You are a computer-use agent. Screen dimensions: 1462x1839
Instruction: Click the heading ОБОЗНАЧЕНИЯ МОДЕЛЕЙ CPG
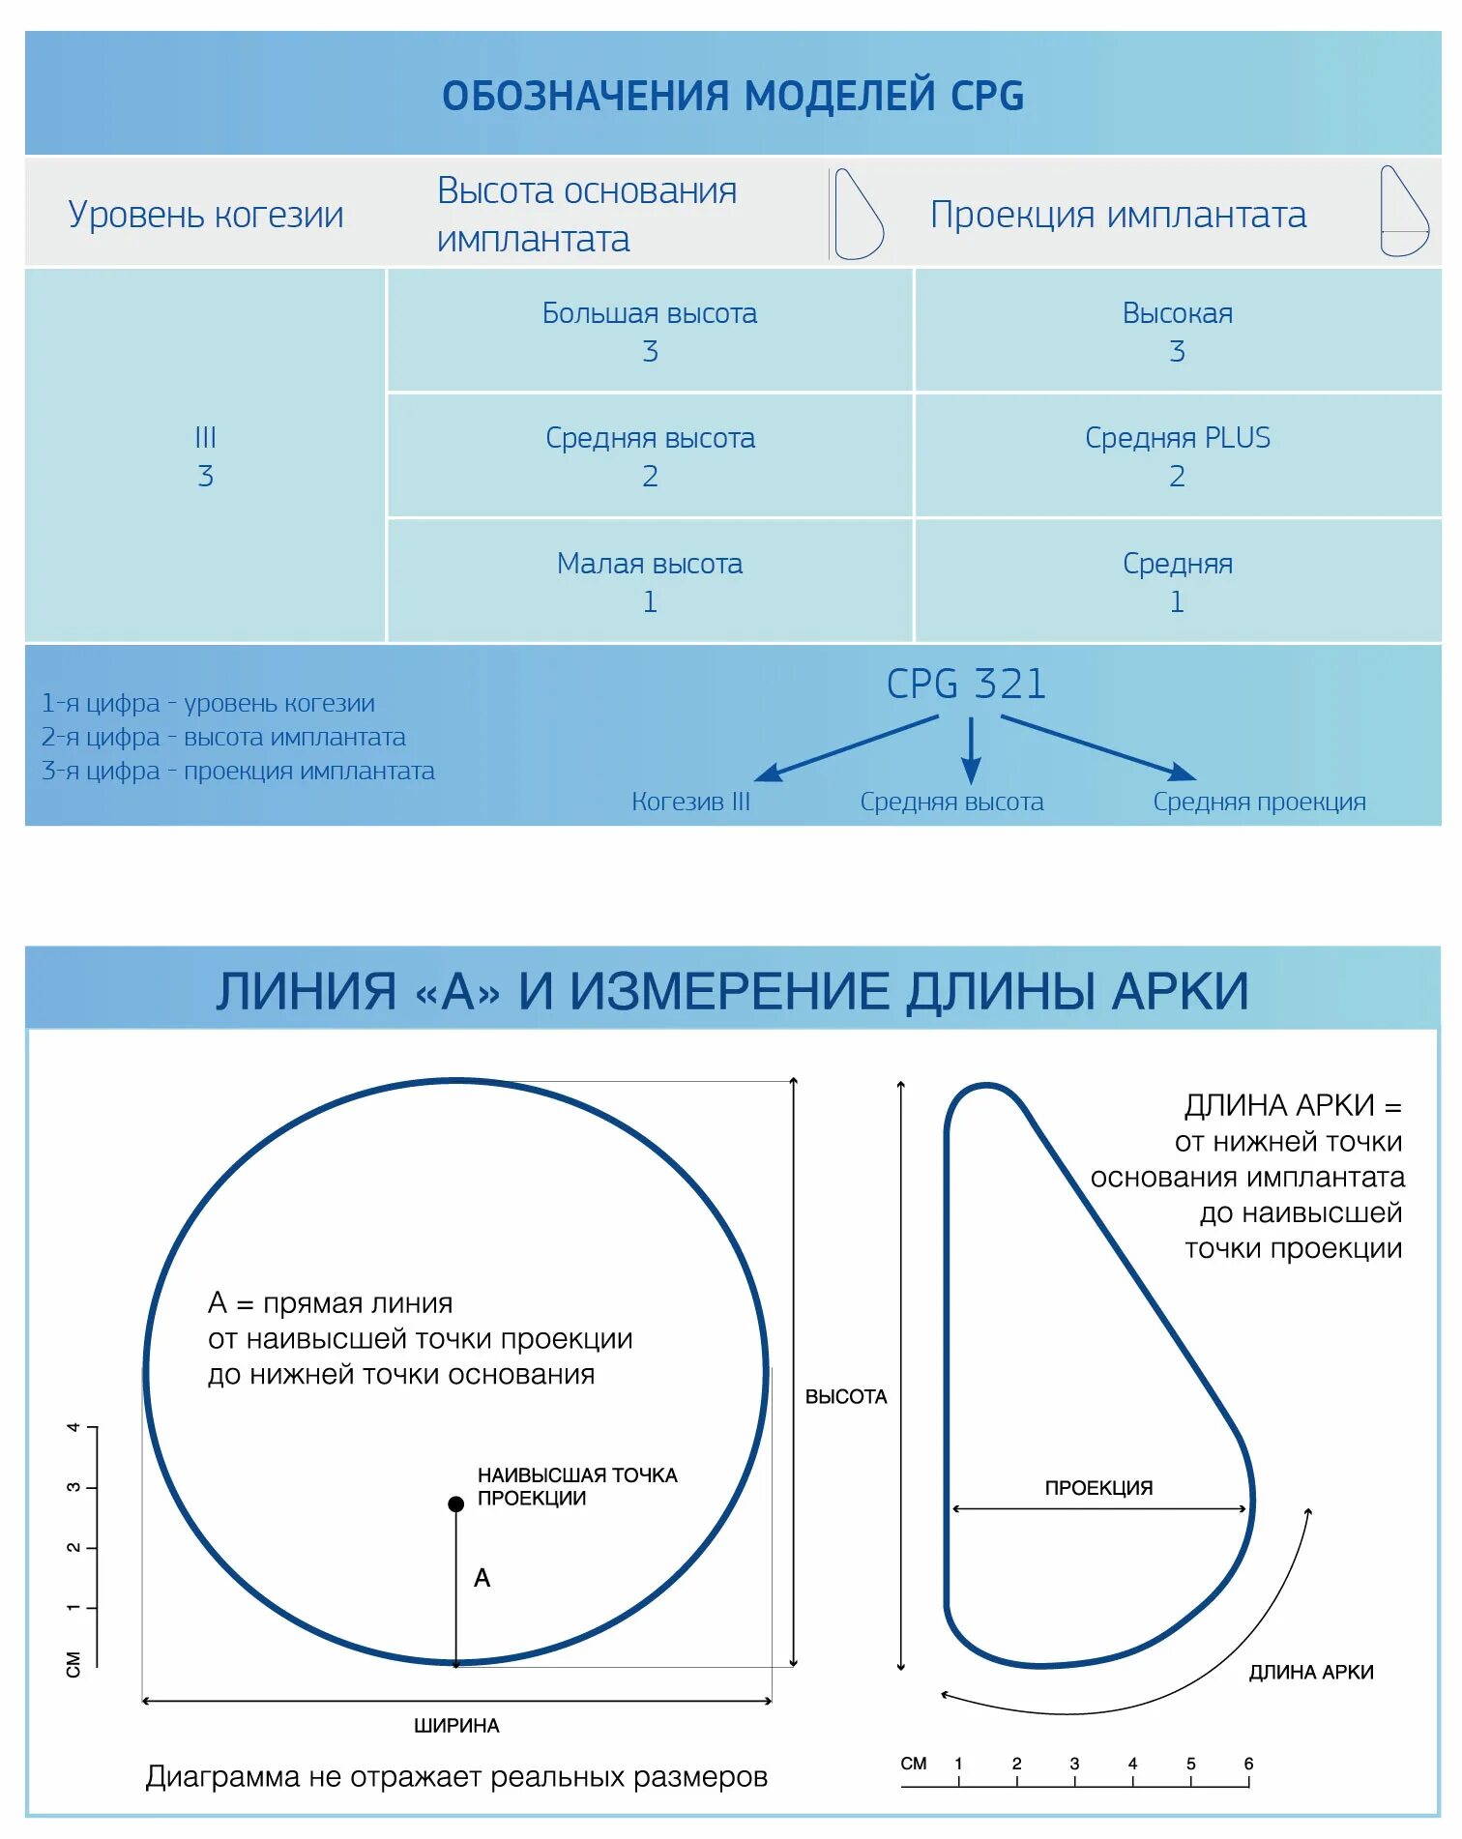point(732,96)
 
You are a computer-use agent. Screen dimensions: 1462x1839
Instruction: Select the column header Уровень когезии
point(205,214)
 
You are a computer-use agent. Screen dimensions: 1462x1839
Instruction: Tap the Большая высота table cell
point(649,331)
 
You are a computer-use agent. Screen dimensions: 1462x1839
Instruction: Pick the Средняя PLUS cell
point(1177,455)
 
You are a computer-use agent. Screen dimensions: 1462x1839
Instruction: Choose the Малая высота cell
point(649,581)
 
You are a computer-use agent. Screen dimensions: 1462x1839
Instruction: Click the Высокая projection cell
point(1177,331)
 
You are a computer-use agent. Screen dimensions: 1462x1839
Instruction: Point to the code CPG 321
point(966,684)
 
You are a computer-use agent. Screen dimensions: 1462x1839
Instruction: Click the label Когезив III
point(690,802)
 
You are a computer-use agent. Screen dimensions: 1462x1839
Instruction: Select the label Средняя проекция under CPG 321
point(1259,802)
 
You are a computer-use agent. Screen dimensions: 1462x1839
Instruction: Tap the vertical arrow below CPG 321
point(971,750)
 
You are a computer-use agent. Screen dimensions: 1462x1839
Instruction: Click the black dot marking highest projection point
point(456,1503)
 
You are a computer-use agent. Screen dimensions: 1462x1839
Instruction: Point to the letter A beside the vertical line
point(482,1578)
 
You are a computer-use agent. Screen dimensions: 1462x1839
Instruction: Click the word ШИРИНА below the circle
point(456,1726)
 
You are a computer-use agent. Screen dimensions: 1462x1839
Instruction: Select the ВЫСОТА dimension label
point(846,1396)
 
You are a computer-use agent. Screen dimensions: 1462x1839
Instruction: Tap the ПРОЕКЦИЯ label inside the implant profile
point(1098,1488)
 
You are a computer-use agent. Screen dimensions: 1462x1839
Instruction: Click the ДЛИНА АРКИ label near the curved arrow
point(1310,1673)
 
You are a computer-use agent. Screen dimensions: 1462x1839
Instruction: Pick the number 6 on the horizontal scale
point(1248,1764)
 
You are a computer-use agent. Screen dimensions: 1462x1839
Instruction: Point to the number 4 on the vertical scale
point(73,1427)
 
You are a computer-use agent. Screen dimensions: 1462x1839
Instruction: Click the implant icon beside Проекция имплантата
point(1403,212)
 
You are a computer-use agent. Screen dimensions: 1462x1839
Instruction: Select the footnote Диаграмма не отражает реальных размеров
point(456,1777)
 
